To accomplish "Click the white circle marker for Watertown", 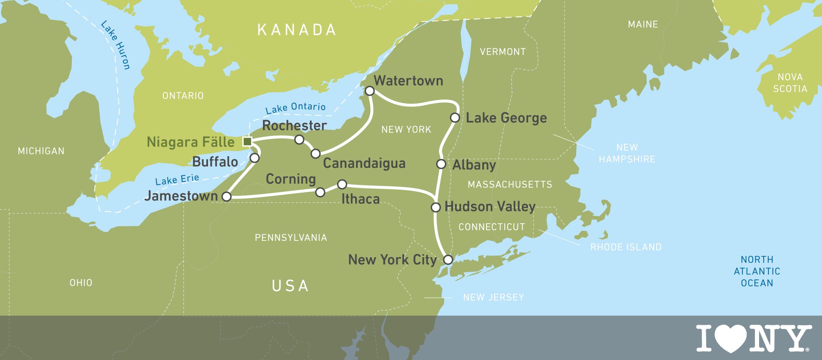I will click(x=369, y=91).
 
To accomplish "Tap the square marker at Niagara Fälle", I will click(x=247, y=141).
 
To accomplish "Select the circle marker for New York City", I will click(x=448, y=259).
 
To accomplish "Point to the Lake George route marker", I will click(x=455, y=117).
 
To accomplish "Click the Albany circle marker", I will click(x=441, y=164).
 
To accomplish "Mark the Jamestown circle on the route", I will click(x=226, y=196).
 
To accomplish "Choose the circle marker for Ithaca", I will click(x=342, y=184).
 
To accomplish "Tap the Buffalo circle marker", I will click(x=255, y=158).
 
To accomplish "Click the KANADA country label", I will click(x=297, y=30).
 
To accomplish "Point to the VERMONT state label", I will click(x=502, y=52).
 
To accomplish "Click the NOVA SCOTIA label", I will click(x=790, y=83).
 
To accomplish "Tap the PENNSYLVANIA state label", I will click(x=291, y=238).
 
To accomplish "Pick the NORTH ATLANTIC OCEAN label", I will click(x=757, y=271).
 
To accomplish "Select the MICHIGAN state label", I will click(x=41, y=151).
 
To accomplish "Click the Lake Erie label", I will click(x=177, y=180).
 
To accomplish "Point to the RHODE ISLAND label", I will click(x=626, y=247).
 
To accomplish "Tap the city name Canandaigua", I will click(x=364, y=163).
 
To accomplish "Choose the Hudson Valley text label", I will click(x=490, y=206).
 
